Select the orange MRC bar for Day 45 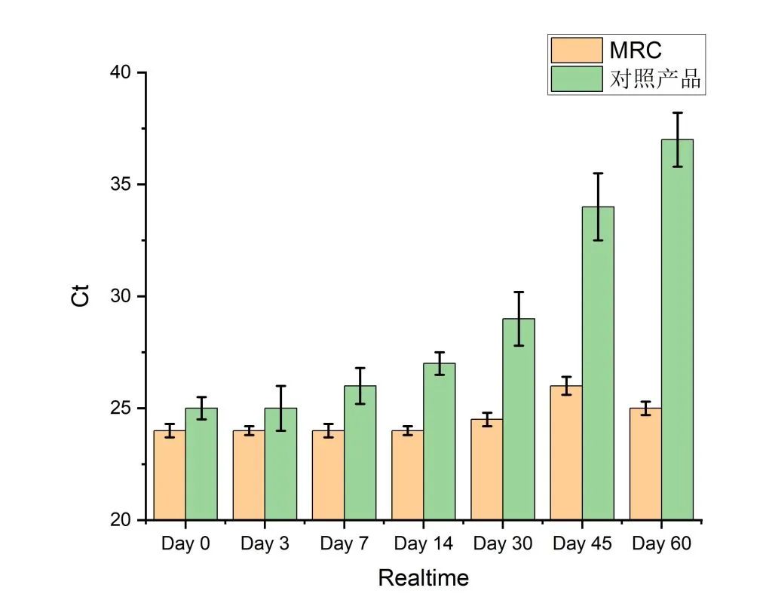565,452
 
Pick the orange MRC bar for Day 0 170,475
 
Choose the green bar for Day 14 440,442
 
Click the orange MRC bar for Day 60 645,464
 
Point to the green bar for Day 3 280,464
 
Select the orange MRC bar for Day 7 328,475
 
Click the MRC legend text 635,50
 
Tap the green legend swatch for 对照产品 577,78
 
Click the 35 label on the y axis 120,185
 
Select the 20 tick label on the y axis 120,521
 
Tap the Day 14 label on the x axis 423,543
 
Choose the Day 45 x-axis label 581,543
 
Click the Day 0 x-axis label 185,543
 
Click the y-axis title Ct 81,295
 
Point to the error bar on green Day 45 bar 598,207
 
